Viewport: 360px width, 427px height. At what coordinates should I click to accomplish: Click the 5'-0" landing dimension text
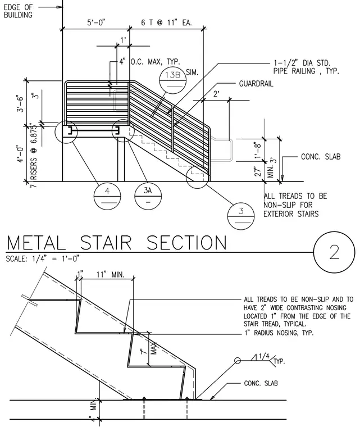coord(96,22)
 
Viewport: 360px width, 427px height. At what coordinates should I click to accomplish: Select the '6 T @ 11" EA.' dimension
coord(166,22)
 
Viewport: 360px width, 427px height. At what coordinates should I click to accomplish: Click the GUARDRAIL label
coord(256,84)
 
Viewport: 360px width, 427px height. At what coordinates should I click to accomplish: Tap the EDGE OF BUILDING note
coord(18,11)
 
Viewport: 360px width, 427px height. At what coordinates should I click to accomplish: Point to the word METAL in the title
coord(36,243)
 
